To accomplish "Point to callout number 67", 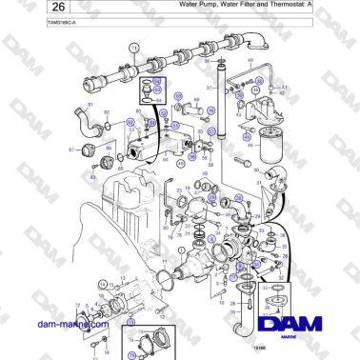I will pos(70,150).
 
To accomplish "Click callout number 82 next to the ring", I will pos(106,112).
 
